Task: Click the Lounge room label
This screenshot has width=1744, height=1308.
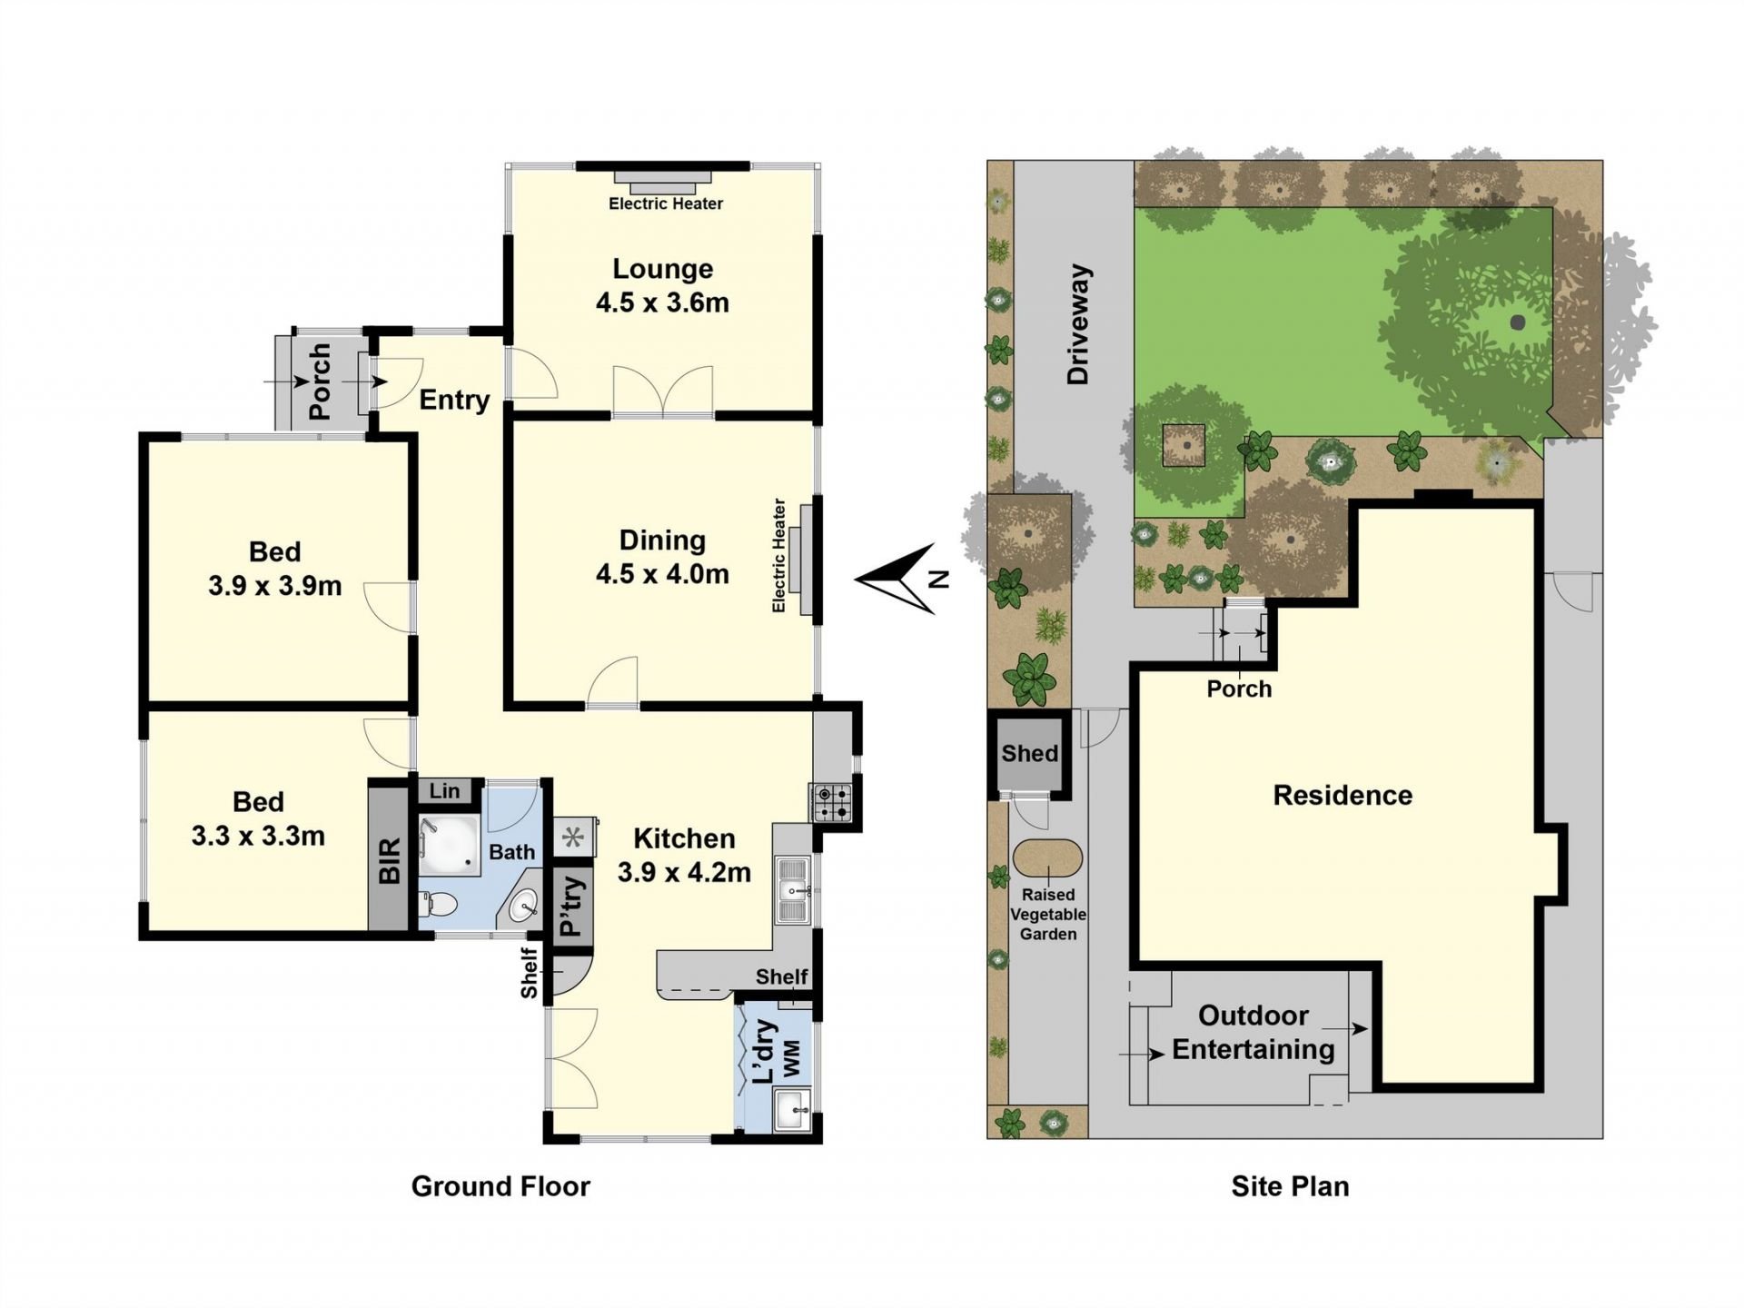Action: click(x=662, y=269)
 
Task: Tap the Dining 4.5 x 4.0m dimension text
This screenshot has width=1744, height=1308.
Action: click(x=662, y=574)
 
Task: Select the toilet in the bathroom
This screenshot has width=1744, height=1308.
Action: click(x=440, y=905)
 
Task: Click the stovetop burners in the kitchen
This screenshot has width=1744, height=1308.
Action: click(x=832, y=802)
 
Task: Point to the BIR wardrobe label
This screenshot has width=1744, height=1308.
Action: click(x=390, y=860)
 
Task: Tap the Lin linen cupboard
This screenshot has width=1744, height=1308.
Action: click(x=444, y=791)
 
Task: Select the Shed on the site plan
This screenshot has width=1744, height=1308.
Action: click(x=1029, y=753)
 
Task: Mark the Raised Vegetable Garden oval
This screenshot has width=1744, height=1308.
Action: click(x=1047, y=858)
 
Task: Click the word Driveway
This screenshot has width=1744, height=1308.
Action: click(x=1078, y=324)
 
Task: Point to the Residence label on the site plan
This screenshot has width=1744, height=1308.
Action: click(x=1343, y=796)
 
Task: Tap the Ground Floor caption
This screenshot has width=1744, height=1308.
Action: click(x=500, y=1186)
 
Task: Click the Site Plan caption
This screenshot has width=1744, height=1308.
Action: click(x=1290, y=1186)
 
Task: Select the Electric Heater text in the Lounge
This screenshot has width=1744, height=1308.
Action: click(x=666, y=203)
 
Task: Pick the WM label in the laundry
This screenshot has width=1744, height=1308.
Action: click(x=792, y=1059)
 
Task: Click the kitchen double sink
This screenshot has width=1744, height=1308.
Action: click(x=793, y=889)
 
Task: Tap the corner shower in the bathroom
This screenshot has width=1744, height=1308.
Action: click(x=450, y=846)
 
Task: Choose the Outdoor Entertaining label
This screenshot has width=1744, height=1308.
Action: click(x=1253, y=1032)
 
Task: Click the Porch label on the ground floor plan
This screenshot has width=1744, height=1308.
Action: click(x=319, y=381)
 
